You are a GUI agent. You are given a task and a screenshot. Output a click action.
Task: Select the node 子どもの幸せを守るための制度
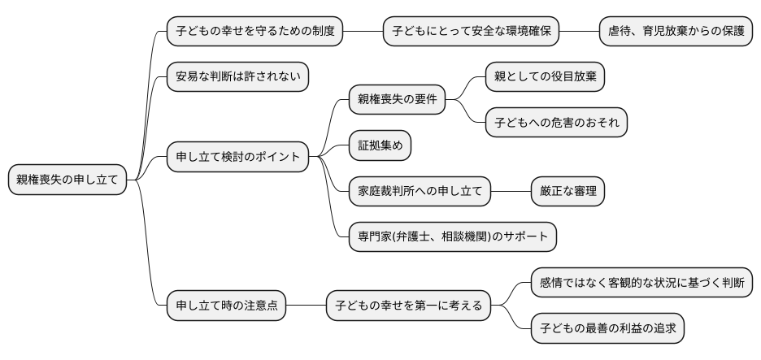tap(254, 33)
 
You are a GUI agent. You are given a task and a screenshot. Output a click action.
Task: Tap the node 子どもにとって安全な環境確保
tap(472, 33)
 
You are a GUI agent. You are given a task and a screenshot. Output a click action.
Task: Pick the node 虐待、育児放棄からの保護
tap(676, 33)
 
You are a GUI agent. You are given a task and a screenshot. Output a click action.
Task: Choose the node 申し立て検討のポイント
tap(237, 155)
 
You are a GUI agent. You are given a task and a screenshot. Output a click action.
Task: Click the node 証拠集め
tap(380, 145)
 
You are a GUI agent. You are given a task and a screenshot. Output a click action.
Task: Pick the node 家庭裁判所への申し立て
tap(420, 192)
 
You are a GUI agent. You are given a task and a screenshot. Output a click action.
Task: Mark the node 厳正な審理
tap(567, 192)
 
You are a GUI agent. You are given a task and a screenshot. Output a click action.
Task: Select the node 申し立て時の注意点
tap(226, 306)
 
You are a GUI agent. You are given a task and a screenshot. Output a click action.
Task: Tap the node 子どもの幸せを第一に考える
tap(409, 306)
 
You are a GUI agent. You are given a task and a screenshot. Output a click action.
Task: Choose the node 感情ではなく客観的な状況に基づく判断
tap(641, 283)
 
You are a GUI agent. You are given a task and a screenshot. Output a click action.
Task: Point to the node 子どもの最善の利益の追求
tap(607, 328)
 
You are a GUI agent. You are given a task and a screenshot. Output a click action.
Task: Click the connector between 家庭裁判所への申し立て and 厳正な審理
tap(511, 192)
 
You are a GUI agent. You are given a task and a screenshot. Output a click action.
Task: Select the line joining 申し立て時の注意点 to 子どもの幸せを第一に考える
tap(306, 306)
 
